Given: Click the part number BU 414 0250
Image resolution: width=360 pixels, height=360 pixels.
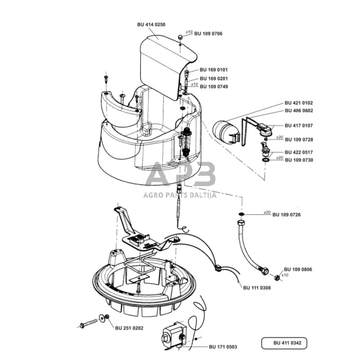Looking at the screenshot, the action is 151,24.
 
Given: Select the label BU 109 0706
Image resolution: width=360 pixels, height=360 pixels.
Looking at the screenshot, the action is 208,34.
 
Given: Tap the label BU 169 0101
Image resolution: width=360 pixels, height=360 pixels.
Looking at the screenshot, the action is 214,70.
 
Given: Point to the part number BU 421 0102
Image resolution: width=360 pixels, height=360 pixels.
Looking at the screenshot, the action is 299,103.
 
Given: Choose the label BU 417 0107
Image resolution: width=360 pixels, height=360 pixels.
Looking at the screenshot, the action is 299,126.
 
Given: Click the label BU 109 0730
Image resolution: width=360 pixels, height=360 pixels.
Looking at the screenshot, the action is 299,160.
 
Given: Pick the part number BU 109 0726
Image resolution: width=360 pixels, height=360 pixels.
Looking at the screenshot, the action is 287,215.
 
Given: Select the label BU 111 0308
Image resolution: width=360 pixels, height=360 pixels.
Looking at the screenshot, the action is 257,288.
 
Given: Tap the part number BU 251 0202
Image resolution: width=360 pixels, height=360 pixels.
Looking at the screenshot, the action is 129,328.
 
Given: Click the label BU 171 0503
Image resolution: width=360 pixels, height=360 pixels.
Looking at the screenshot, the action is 223,347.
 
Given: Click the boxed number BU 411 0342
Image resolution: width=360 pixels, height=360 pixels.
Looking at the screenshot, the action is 287,343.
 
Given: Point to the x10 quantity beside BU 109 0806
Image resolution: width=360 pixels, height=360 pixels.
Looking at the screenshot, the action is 285,275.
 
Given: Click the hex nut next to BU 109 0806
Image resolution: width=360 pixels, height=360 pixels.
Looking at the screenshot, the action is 277,277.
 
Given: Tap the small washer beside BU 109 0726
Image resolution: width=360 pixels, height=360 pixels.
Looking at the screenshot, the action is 241,214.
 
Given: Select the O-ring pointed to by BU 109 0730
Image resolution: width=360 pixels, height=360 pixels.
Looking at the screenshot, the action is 266,160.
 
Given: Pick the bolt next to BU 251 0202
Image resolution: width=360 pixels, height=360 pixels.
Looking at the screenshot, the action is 89,323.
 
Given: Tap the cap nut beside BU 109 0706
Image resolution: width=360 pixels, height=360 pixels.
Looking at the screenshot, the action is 180,37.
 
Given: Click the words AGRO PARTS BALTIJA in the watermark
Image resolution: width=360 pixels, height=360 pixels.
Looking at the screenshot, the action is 180,195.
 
